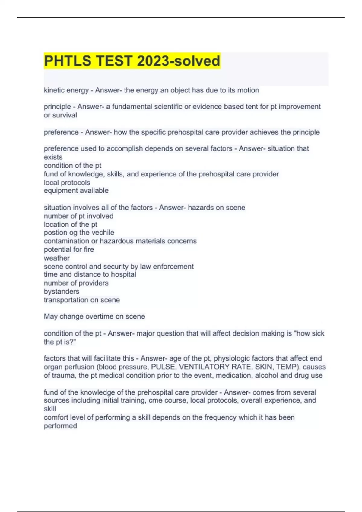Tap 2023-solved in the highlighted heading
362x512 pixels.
click(x=179, y=61)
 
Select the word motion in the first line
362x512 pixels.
click(x=249, y=90)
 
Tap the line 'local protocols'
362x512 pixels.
click(x=67, y=183)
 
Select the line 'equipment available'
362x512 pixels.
click(x=76, y=191)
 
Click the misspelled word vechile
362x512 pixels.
click(x=103, y=233)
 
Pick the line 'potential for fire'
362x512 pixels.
click(x=69, y=249)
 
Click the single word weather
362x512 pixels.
click(x=57, y=258)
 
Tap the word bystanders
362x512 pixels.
click(x=62, y=291)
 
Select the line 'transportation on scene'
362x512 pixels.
click(x=82, y=300)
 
